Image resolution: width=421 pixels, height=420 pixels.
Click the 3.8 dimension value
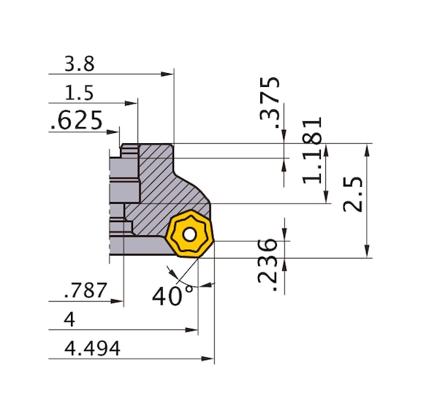[80, 64]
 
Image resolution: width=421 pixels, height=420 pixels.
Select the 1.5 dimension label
[80, 93]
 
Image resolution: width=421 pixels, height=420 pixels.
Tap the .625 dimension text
[77, 121]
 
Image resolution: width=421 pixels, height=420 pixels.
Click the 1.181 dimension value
[312, 150]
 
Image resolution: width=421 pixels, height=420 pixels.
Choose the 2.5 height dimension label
[353, 194]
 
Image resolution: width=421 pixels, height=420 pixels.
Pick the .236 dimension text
[268, 264]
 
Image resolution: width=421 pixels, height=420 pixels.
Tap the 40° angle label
[172, 296]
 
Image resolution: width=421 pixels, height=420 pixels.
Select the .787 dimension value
[86, 291]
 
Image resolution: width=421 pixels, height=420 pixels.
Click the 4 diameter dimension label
[69, 320]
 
